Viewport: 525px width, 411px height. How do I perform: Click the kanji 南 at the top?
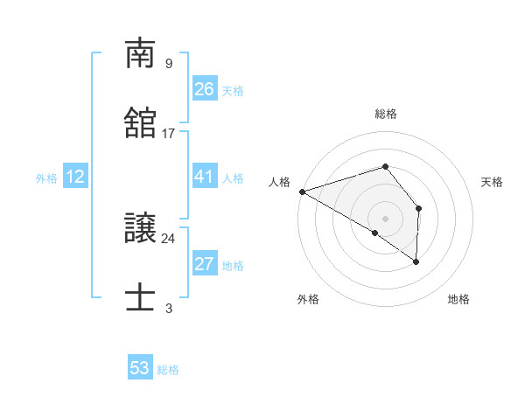(141, 54)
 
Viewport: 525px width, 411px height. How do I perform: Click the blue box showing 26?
(204, 89)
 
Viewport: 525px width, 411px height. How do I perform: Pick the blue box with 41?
(204, 177)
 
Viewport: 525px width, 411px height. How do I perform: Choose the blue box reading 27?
(204, 264)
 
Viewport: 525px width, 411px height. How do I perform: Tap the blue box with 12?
(75, 177)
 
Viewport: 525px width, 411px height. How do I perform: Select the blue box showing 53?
(140, 368)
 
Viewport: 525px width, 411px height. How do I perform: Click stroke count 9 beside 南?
(168, 63)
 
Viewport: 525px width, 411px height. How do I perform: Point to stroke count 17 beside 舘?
(169, 133)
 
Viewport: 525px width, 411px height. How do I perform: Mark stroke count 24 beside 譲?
(169, 238)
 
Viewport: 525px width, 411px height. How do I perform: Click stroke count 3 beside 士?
(168, 308)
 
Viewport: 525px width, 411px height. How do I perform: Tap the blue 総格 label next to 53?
(168, 370)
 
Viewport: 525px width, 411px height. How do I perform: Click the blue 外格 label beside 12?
(46, 178)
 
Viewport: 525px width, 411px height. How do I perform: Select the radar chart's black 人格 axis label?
(280, 182)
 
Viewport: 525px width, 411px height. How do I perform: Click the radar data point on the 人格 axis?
(301, 191)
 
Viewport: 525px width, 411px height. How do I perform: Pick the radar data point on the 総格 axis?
(385, 166)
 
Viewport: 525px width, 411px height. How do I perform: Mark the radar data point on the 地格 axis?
(416, 261)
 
